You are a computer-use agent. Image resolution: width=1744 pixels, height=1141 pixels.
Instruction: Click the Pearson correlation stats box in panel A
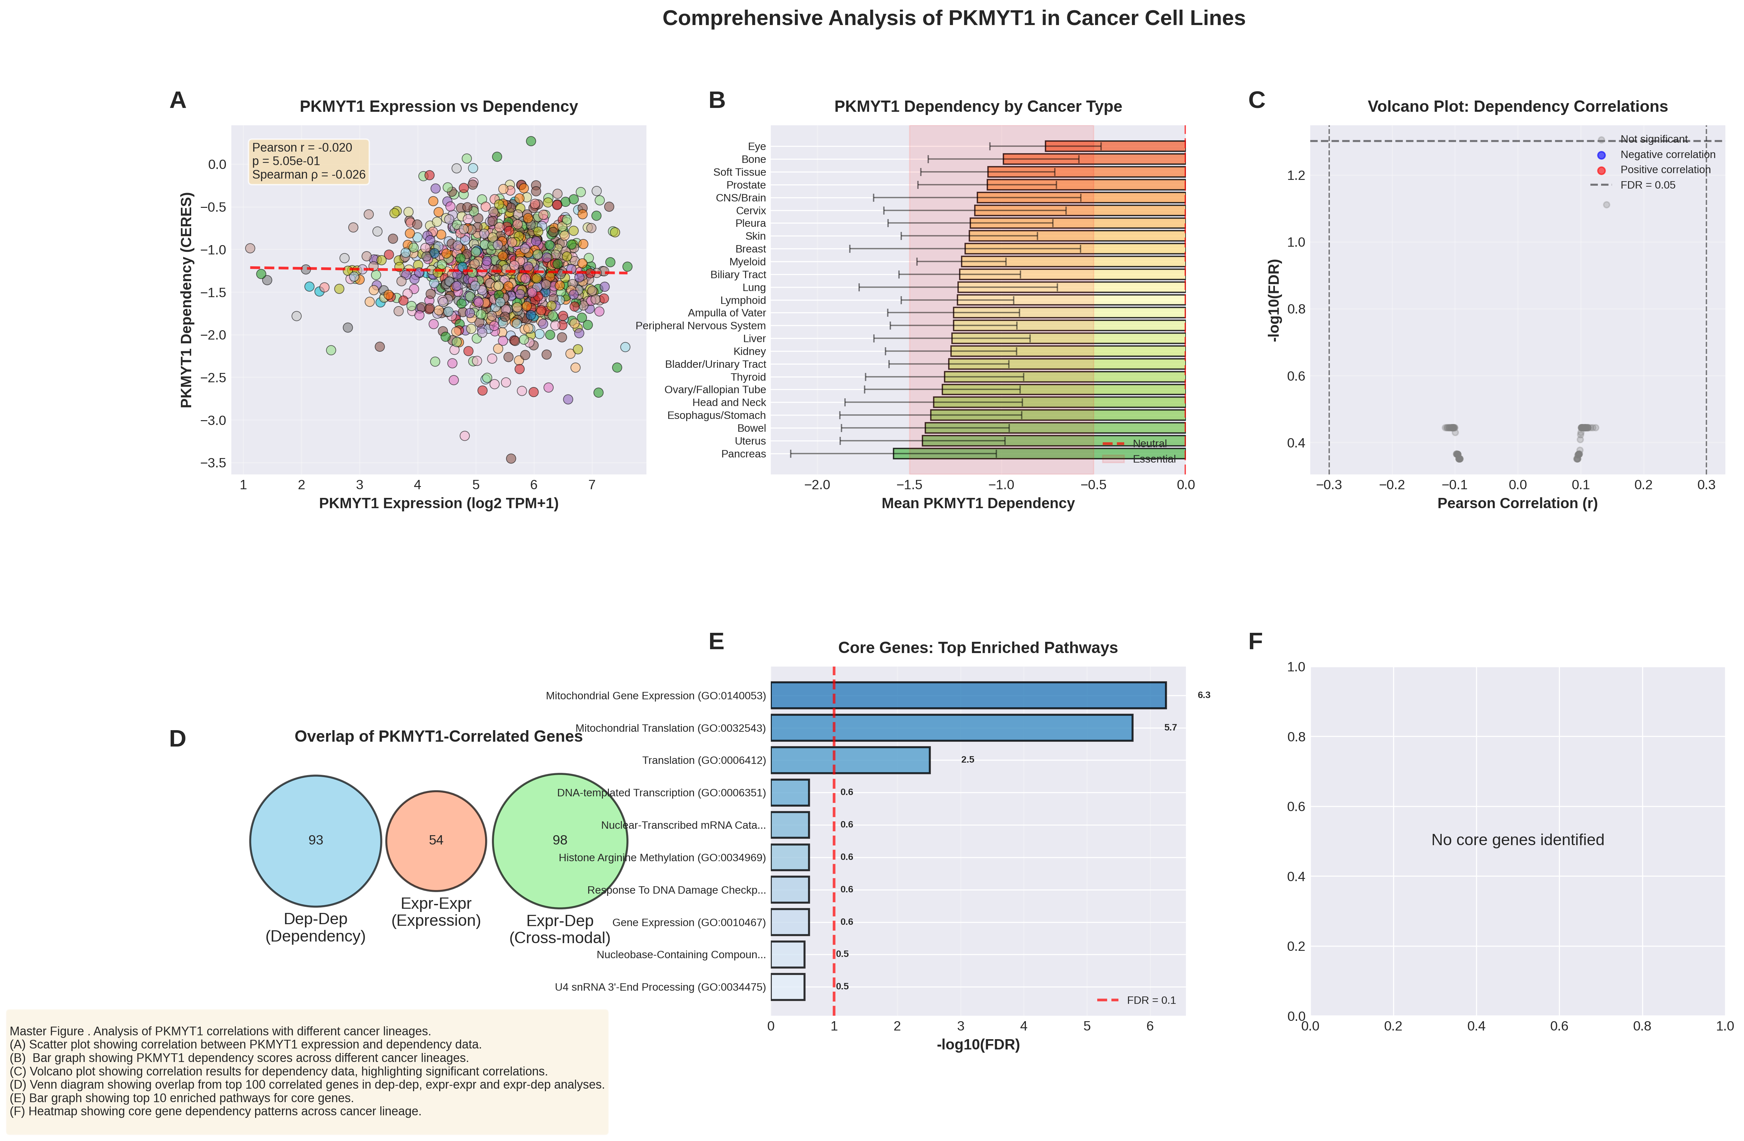(308, 161)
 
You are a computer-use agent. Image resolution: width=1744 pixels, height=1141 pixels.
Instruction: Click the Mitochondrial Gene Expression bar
(967, 695)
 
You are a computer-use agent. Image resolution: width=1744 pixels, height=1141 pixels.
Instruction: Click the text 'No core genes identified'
(1517, 840)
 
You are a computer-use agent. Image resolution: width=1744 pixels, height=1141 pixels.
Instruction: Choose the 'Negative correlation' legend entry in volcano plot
(1666, 155)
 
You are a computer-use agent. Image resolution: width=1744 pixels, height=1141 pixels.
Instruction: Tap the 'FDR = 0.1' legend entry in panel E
(1151, 1000)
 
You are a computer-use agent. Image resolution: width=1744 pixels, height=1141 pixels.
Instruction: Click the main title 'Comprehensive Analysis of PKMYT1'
(953, 18)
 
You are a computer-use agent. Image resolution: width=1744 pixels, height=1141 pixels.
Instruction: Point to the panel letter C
(1256, 101)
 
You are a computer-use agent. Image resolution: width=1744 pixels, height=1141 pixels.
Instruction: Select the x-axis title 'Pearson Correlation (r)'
(1517, 503)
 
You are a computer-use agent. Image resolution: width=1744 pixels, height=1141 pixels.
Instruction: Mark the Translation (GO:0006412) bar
(850, 760)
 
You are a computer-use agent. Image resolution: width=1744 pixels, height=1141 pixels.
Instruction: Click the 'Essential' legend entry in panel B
(1153, 459)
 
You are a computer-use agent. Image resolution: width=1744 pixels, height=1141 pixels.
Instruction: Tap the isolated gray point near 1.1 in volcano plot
(1606, 204)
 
